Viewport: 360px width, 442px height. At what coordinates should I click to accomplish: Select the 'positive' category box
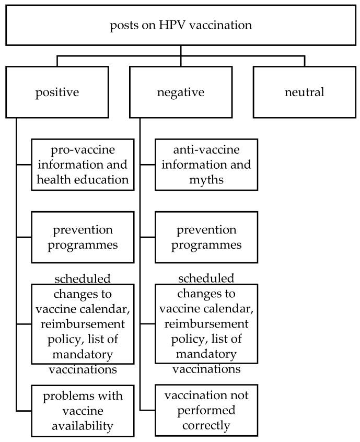pyautogui.click(x=57, y=92)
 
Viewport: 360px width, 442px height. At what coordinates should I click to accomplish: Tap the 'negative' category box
pyautogui.click(x=180, y=92)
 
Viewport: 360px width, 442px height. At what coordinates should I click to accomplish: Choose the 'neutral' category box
pyautogui.click(x=304, y=92)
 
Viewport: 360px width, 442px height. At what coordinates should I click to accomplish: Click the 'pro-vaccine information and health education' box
pyautogui.click(x=79, y=165)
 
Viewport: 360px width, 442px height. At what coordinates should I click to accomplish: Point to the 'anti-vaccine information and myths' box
pyautogui.click(x=206, y=165)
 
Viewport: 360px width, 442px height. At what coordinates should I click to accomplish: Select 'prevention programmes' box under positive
pyautogui.click(x=79, y=237)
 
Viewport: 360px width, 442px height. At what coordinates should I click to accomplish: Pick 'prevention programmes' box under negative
pyautogui.click(x=206, y=237)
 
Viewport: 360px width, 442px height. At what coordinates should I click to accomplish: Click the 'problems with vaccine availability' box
pyautogui.click(x=79, y=411)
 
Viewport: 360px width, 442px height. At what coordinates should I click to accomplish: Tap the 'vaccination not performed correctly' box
pyautogui.click(x=206, y=411)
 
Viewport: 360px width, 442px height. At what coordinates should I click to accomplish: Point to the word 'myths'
pyautogui.click(x=206, y=179)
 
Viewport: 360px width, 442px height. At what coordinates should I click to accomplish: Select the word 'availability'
pyautogui.click(x=79, y=426)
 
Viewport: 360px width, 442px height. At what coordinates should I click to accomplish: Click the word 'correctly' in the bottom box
pyautogui.click(x=206, y=426)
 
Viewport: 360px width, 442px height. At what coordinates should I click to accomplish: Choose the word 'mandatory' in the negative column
pyautogui.click(x=206, y=355)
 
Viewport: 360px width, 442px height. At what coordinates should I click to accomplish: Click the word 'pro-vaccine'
pyautogui.click(x=79, y=150)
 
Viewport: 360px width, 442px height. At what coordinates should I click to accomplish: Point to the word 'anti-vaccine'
pyautogui.click(x=206, y=150)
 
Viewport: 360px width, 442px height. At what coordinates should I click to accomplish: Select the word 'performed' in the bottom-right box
pyautogui.click(x=206, y=411)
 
